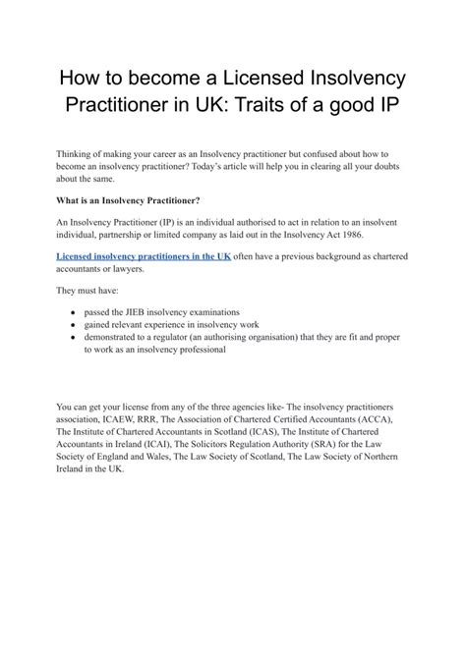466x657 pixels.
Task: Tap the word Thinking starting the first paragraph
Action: click(x=79, y=154)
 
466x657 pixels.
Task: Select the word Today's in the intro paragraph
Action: click(x=260, y=167)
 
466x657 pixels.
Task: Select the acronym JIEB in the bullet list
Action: click(x=146, y=311)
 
